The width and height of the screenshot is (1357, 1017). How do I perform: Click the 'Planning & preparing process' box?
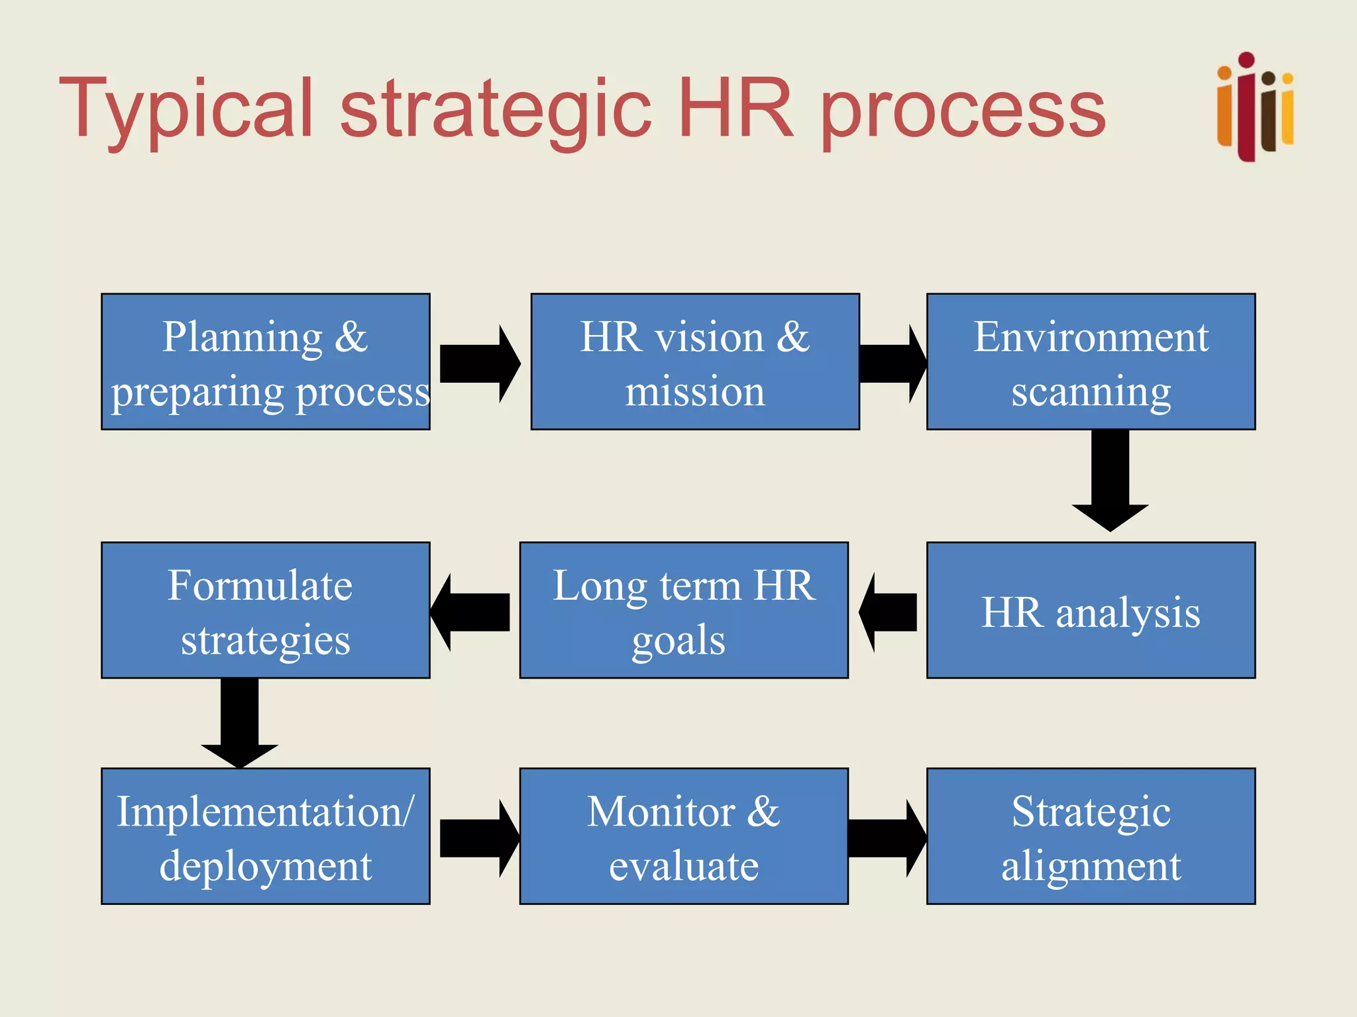coord(265,362)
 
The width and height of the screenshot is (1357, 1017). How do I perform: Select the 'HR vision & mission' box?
coord(695,362)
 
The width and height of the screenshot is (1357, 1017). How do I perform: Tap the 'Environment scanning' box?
coord(1091,362)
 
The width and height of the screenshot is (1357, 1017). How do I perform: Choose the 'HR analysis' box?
coord(1091,610)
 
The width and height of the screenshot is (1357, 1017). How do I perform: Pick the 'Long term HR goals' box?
coord(684,610)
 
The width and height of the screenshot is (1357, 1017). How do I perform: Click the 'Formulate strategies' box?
coord(265,610)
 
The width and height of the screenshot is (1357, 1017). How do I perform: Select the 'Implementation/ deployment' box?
coord(265,836)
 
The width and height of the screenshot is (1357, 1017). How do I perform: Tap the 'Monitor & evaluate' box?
coord(684,836)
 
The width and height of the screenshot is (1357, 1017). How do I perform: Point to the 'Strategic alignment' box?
coord(1091,836)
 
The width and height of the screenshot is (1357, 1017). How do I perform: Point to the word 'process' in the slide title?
coord(963,109)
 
